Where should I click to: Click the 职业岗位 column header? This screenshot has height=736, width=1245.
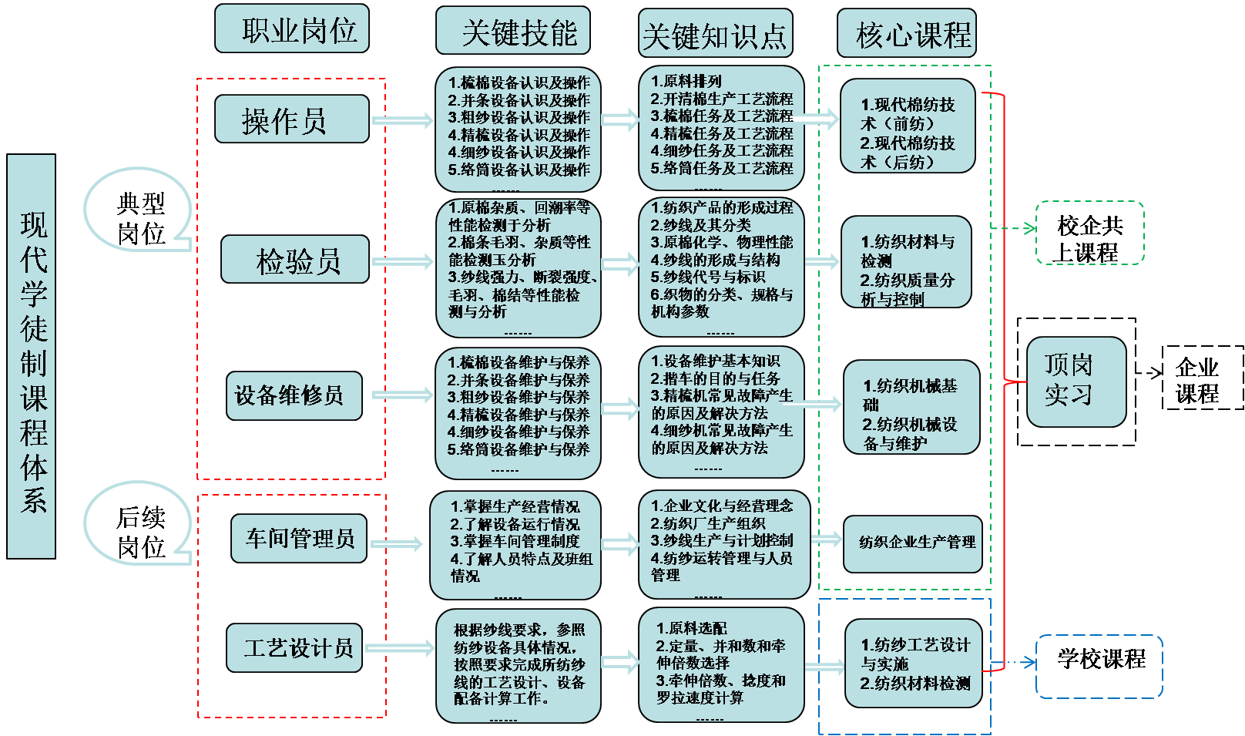[291, 29]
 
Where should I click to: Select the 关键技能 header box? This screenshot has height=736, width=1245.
[513, 31]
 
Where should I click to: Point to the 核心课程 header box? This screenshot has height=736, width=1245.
[906, 34]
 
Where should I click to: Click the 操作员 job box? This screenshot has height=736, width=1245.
[291, 119]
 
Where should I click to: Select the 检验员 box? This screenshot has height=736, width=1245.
[294, 260]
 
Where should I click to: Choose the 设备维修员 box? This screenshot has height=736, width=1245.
[294, 395]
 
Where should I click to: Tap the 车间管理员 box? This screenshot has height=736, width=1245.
[299, 538]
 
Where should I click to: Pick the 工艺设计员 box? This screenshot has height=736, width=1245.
[294, 647]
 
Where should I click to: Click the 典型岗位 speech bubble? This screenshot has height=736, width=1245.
[139, 211]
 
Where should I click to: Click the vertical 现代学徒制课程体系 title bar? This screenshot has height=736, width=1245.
[32, 356]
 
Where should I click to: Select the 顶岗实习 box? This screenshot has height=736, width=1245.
[1076, 381]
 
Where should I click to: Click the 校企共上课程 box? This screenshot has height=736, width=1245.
[1089, 234]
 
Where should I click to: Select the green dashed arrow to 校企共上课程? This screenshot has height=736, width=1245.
[1013, 228]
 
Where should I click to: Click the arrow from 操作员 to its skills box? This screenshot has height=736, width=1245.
[403, 120]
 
